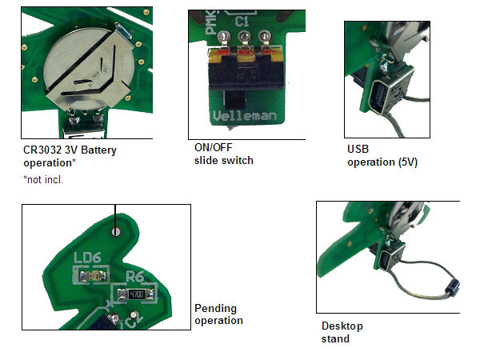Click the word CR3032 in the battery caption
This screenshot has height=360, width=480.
43,149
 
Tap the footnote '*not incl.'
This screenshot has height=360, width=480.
44,179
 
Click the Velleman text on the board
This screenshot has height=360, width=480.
246,116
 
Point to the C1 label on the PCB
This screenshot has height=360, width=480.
242,24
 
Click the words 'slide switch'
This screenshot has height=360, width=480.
223,161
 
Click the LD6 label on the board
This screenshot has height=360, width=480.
86,258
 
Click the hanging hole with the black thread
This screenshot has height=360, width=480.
117,231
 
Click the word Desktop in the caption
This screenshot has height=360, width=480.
342,326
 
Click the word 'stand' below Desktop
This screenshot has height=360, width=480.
335,338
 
